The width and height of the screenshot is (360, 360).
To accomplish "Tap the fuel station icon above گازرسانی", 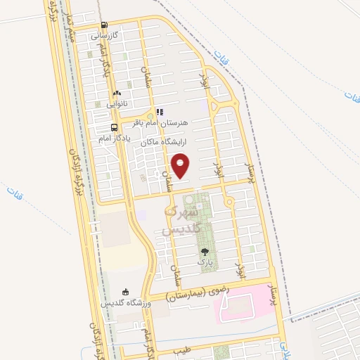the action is [x=104, y=24].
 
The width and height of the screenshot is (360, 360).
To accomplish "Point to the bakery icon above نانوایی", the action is [x=117, y=93].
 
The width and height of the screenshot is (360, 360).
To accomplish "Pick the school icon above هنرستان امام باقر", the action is [x=160, y=112].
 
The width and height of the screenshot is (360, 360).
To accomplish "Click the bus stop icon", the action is [x=114, y=127].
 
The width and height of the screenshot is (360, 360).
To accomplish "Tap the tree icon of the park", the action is [x=205, y=251].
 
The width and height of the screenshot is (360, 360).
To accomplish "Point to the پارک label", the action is [x=205, y=262].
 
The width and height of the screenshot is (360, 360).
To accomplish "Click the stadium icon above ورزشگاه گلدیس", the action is [x=126, y=292].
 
